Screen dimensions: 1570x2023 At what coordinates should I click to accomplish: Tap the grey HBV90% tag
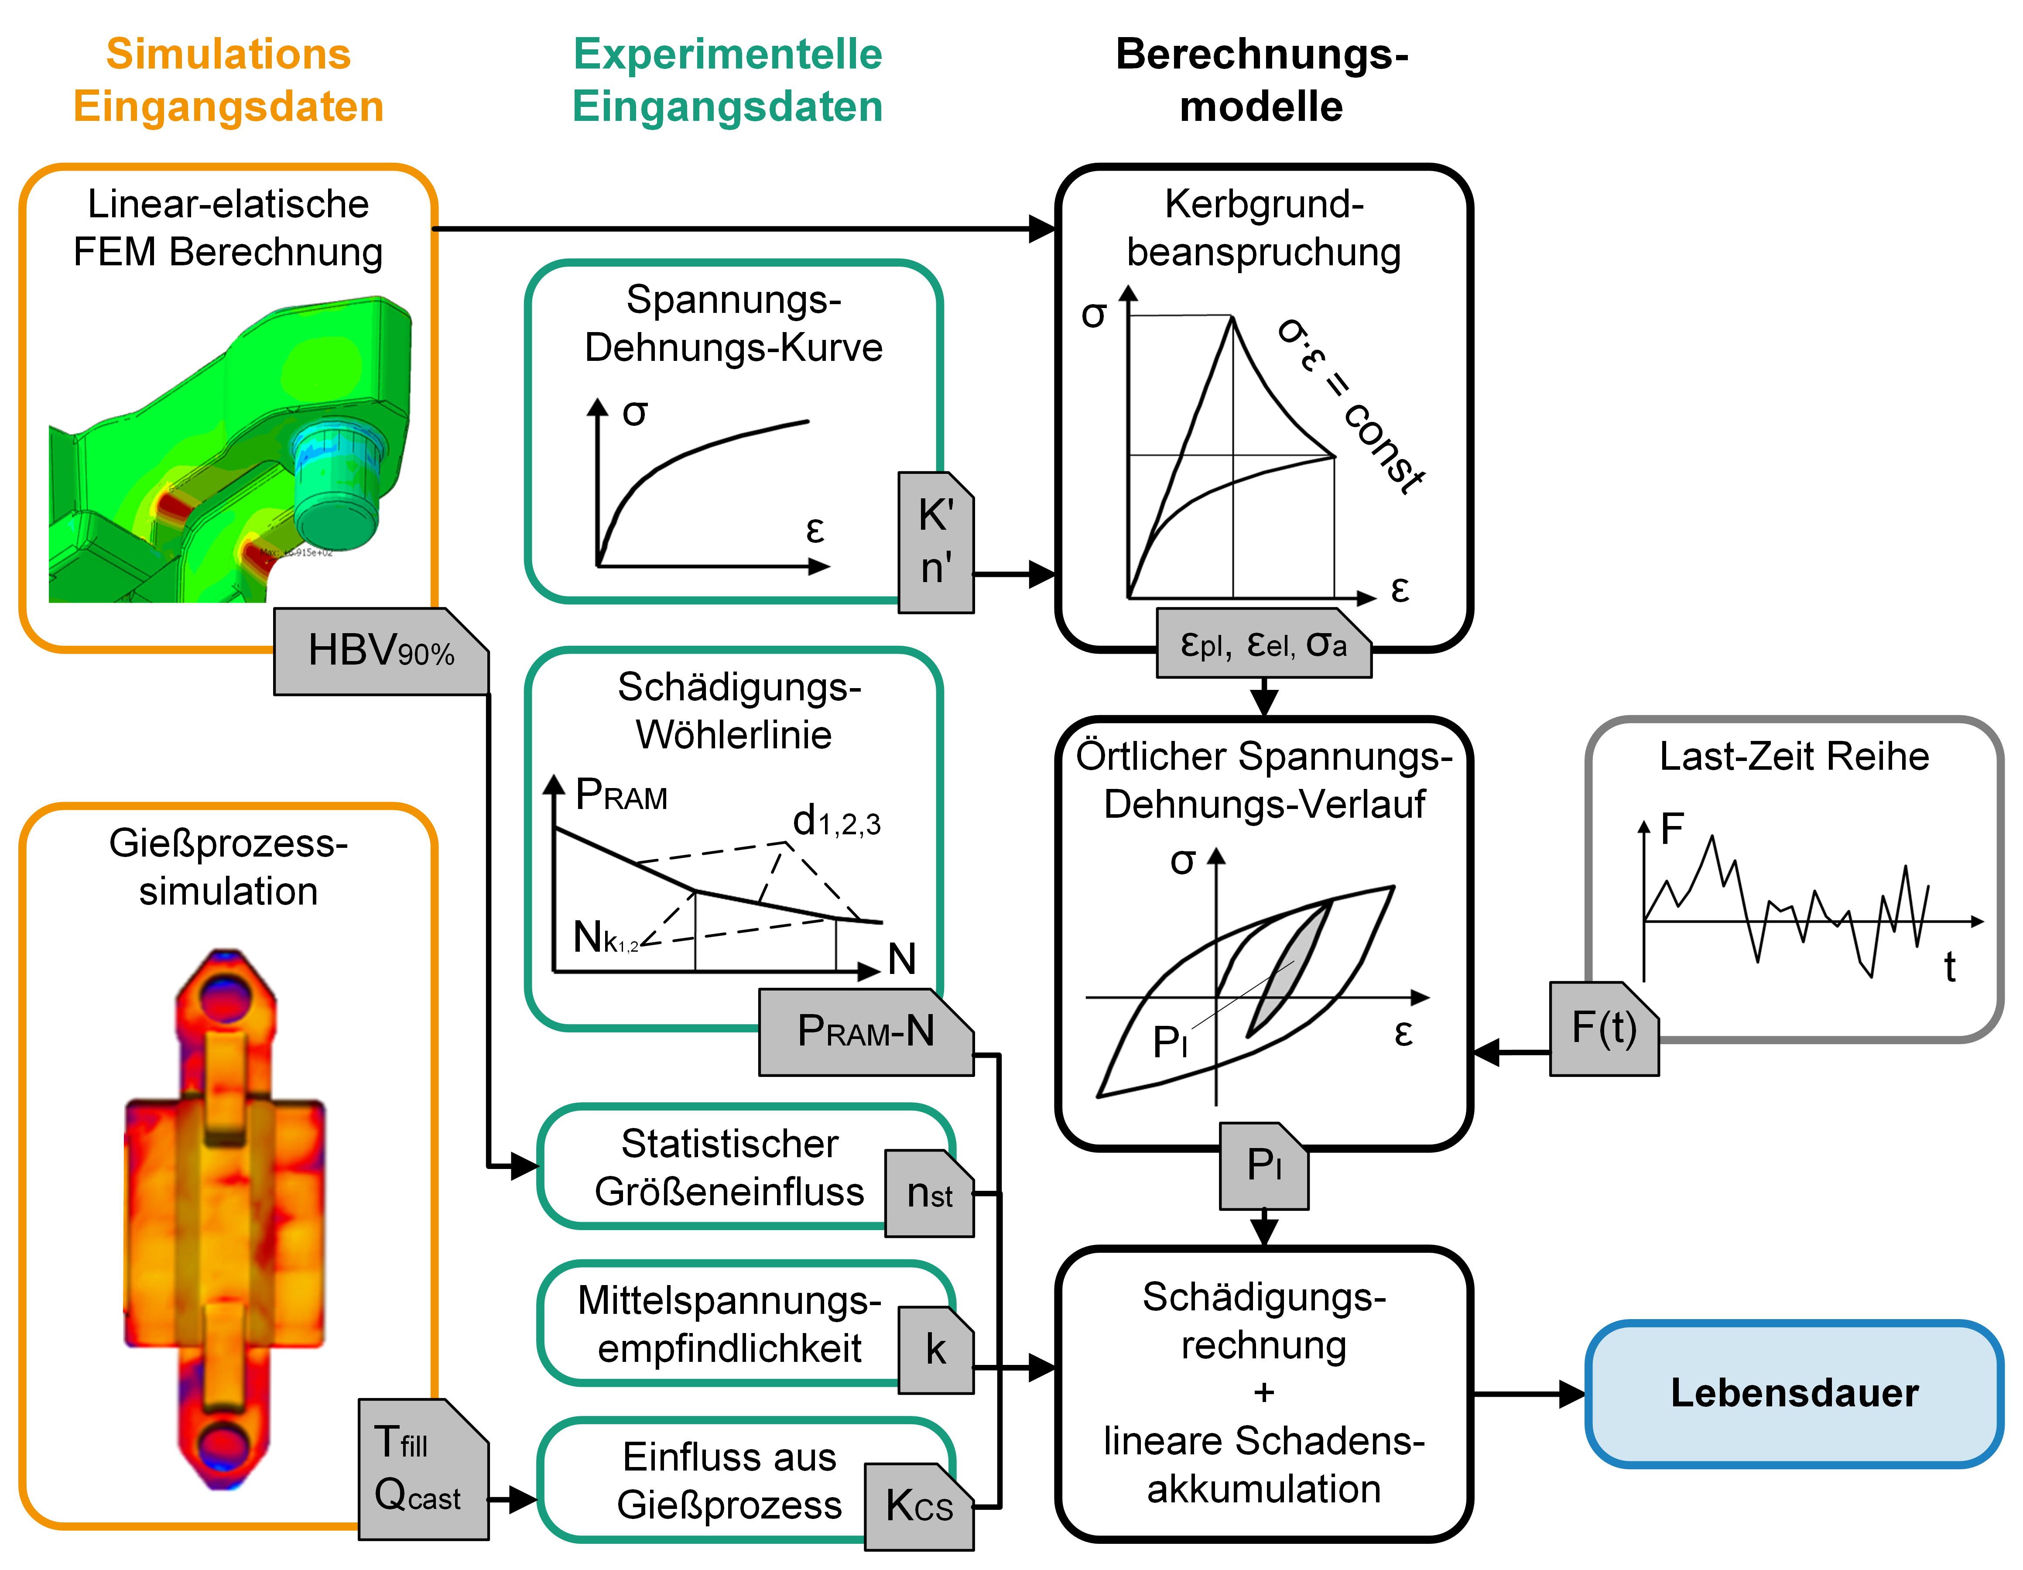[x=381, y=651]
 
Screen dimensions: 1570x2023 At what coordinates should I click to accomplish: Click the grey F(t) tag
[x=1603, y=1028]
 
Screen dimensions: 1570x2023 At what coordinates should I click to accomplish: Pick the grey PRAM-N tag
[x=865, y=1032]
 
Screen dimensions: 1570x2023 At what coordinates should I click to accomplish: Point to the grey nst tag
[x=929, y=1194]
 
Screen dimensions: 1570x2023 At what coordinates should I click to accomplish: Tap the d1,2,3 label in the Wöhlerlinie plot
[x=835, y=822]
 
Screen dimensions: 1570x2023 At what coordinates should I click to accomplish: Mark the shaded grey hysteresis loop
[x=1289, y=968]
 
